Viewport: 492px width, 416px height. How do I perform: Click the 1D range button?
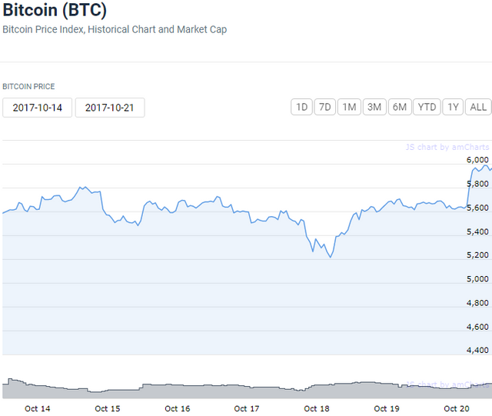[301, 107]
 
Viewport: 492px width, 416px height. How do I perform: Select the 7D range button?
[325, 107]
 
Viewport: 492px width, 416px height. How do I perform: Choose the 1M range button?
[350, 107]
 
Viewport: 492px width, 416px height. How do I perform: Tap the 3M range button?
[374, 107]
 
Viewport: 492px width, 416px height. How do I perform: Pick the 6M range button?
[399, 107]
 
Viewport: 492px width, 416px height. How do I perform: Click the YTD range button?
[426, 107]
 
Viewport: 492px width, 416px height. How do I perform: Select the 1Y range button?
[453, 107]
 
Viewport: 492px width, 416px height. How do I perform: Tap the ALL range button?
[477, 107]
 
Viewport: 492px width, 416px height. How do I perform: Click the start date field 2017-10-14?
[37, 108]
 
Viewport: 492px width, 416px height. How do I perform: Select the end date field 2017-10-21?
[110, 108]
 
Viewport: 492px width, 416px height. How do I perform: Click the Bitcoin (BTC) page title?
[55, 11]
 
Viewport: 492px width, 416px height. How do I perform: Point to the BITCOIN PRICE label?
[28, 87]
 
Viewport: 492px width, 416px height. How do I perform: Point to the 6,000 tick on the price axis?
[478, 159]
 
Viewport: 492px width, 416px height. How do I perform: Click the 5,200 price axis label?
[478, 255]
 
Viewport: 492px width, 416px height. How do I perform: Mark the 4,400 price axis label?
[478, 350]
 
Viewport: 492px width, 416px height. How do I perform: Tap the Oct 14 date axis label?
[38, 408]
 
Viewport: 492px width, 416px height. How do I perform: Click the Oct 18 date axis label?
[317, 408]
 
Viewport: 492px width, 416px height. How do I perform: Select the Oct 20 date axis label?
[457, 408]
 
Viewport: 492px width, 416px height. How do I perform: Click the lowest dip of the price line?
[331, 257]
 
